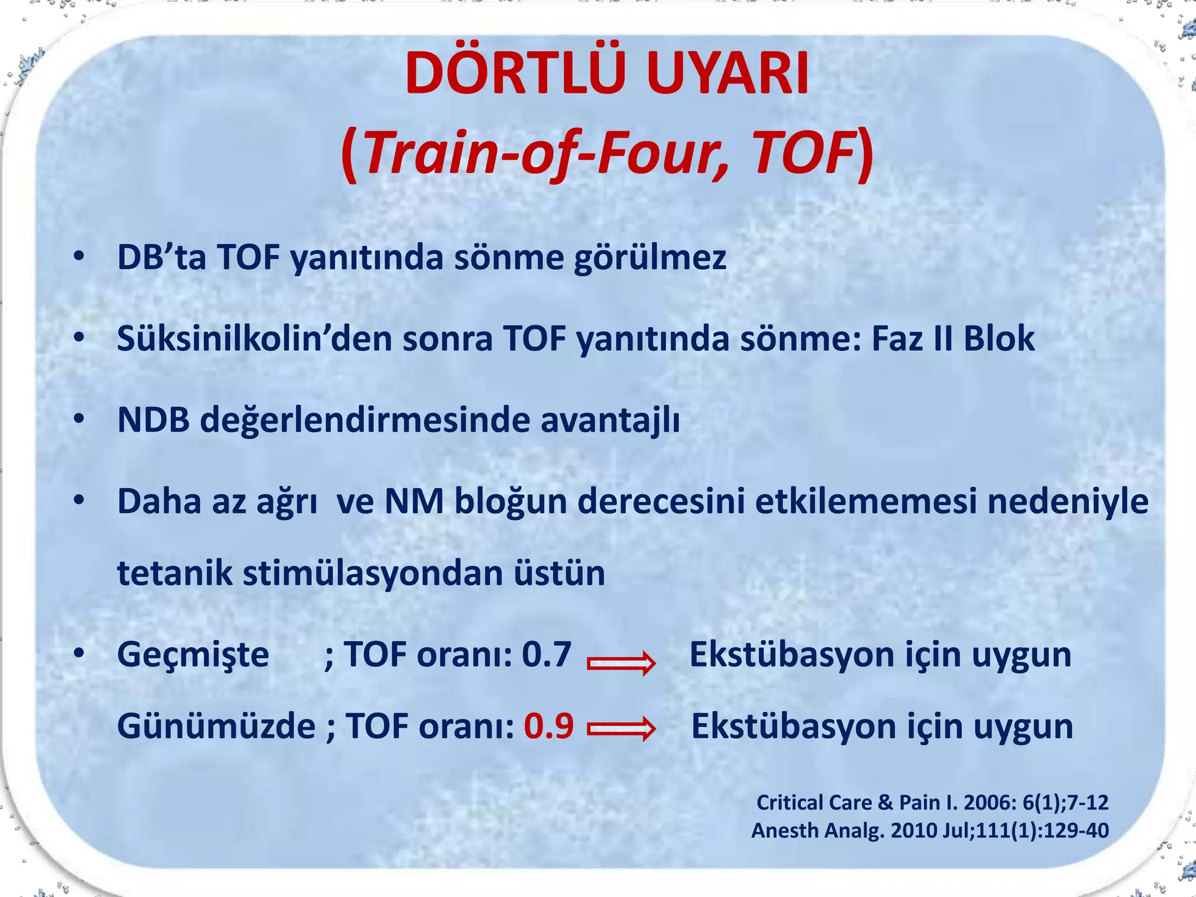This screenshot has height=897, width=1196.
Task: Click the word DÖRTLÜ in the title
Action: point(520,75)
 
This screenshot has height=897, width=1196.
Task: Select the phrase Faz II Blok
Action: point(952,339)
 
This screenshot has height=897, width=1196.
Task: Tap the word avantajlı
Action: point(610,420)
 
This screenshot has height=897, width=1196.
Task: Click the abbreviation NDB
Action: point(154,420)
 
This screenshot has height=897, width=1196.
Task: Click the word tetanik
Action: point(175,573)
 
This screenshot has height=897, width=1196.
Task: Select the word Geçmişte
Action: point(193,655)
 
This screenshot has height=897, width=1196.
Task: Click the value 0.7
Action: point(546,655)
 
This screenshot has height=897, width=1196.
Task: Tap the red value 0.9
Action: point(548,726)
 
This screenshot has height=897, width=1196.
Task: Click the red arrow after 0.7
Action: point(621,663)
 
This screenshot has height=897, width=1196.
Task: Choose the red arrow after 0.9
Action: point(621,729)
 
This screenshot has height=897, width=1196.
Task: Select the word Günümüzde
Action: point(216,726)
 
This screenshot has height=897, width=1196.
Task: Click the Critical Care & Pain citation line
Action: point(932,802)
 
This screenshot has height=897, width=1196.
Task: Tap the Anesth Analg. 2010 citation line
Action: point(930,830)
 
